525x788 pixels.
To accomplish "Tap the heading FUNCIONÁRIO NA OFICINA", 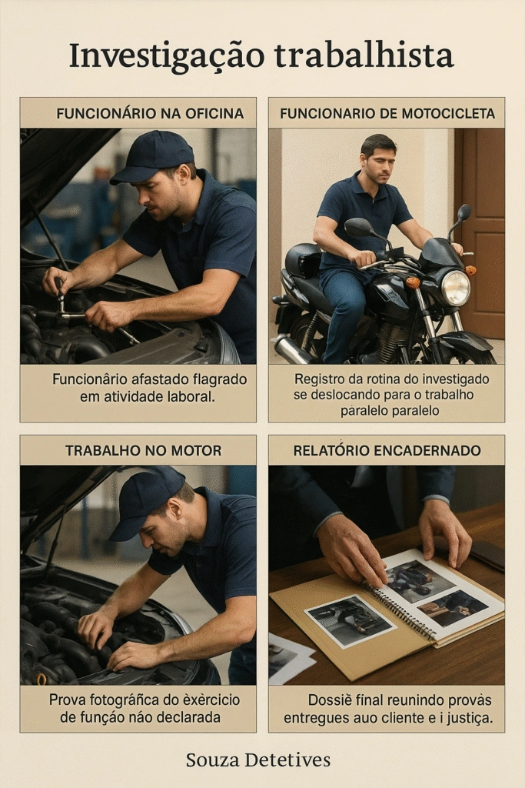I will click(150, 114).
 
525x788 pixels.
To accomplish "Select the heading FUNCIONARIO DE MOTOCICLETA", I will click(387, 114).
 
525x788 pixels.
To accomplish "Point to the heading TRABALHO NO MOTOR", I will click(143, 450).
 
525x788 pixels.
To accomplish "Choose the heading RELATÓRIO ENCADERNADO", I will click(387, 450).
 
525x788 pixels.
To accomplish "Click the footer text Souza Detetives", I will click(258, 760).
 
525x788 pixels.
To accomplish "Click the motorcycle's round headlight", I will click(455, 287).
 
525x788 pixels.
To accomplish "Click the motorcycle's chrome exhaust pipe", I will click(292, 350).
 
